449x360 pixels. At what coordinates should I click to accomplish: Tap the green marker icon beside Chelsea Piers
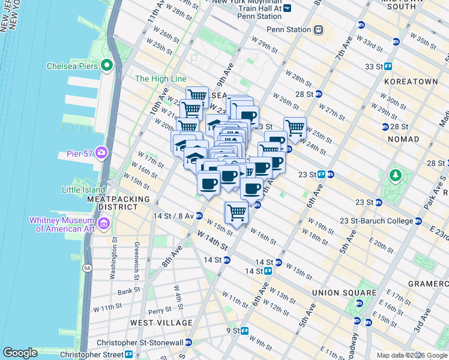tap(108, 65)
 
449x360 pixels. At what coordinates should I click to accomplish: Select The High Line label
tap(160, 79)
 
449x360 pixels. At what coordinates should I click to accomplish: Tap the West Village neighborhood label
tap(161, 323)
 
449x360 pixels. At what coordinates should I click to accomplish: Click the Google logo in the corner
tap(20, 353)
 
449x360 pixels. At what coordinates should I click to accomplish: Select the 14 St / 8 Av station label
tap(173, 216)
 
